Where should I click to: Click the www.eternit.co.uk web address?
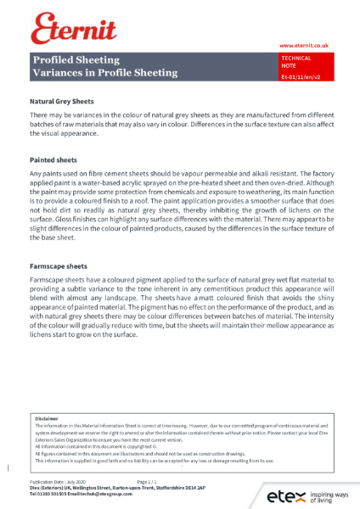point(301,45)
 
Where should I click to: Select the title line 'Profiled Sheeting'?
point(76,60)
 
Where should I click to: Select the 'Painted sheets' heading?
point(53,159)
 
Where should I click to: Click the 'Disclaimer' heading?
point(47,419)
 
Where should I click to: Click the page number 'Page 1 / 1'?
point(149,481)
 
